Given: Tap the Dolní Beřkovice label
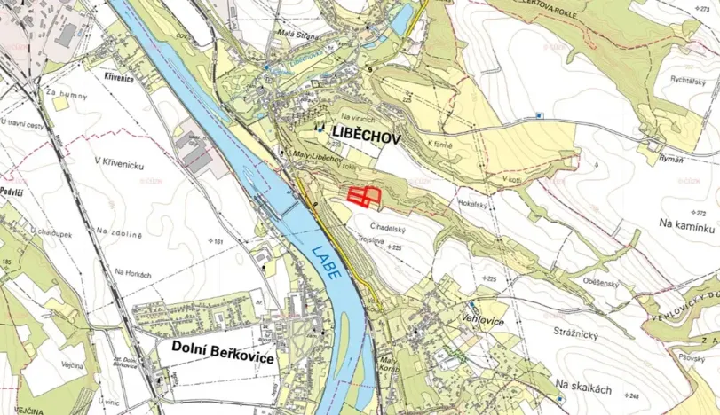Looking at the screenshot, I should (223, 351).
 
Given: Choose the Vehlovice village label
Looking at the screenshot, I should (483, 315).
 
